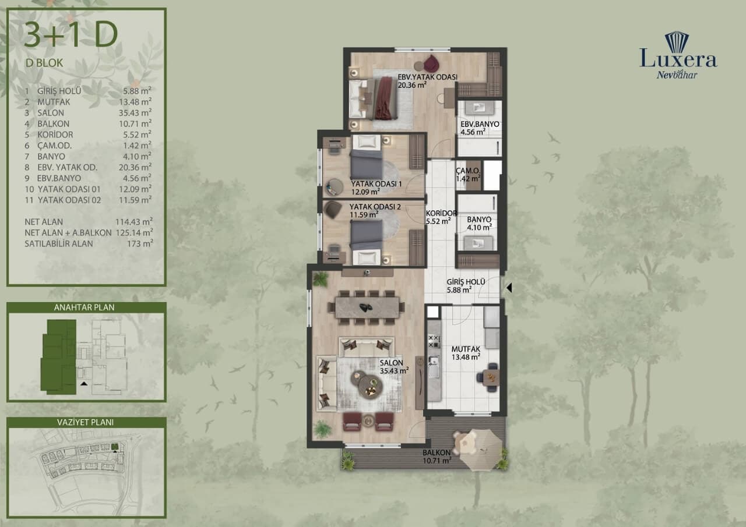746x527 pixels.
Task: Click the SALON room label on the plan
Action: (391, 363)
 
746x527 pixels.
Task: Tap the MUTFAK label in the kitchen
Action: (466, 349)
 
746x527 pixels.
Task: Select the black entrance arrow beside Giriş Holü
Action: (509, 288)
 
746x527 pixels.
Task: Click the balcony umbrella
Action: (481, 450)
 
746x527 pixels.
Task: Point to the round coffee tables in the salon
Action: (367, 383)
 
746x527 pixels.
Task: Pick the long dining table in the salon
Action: (367, 307)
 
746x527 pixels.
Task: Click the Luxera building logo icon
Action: (677, 43)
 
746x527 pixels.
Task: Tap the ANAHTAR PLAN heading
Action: (85, 307)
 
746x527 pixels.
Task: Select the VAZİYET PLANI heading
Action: (85, 423)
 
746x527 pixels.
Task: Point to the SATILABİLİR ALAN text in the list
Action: (59, 243)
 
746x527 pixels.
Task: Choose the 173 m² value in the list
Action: (140, 243)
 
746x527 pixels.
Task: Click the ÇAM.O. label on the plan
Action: (468, 171)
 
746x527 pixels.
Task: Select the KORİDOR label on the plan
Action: (441, 213)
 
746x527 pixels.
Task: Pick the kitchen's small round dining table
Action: (491, 376)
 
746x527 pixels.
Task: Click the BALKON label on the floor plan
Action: (437, 453)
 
